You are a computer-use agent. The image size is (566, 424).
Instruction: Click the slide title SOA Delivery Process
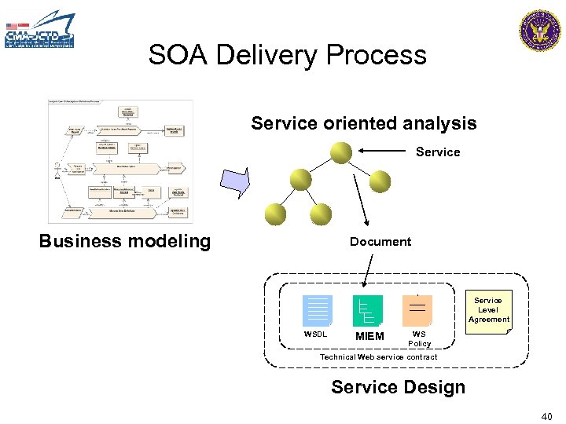pyautogui.click(x=287, y=55)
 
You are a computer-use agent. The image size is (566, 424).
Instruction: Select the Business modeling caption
pyautogui.click(x=125, y=241)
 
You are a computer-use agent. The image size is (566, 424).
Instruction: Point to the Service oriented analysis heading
pyautogui.click(x=364, y=123)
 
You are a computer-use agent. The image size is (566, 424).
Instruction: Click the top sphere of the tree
pyautogui.click(x=341, y=152)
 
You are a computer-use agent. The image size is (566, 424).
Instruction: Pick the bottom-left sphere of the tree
pyautogui.click(x=275, y=214)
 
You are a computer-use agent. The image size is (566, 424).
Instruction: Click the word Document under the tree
pyautogui.click(x=380, y=242)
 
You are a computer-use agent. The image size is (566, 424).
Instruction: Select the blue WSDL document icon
pyautogui.click(x=318, y=310)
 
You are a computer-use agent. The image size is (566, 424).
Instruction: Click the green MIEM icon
pyautogui.click(x=367, y=310)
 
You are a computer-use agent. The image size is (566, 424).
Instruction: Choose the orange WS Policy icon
pyautogui.click(x=417, y=310)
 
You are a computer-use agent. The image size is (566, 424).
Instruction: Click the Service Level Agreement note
pyautogui.click(x=488, y=310)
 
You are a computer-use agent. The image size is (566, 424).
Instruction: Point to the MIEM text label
pyautogui.click(x=369, y=337)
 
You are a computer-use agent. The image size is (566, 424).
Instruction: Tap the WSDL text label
pyautogui.click(x=316, y=334)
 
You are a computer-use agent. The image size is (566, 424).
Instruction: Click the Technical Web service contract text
pyautogui.click(x=378, y=357)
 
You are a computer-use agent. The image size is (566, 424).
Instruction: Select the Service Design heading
pyautogui.click(x=398, y=387)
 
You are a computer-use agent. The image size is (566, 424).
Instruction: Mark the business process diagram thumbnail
pyautogui.click(x=120, y=162)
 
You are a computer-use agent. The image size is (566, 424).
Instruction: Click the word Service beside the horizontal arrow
pyautogui.click(x=438, y=152)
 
